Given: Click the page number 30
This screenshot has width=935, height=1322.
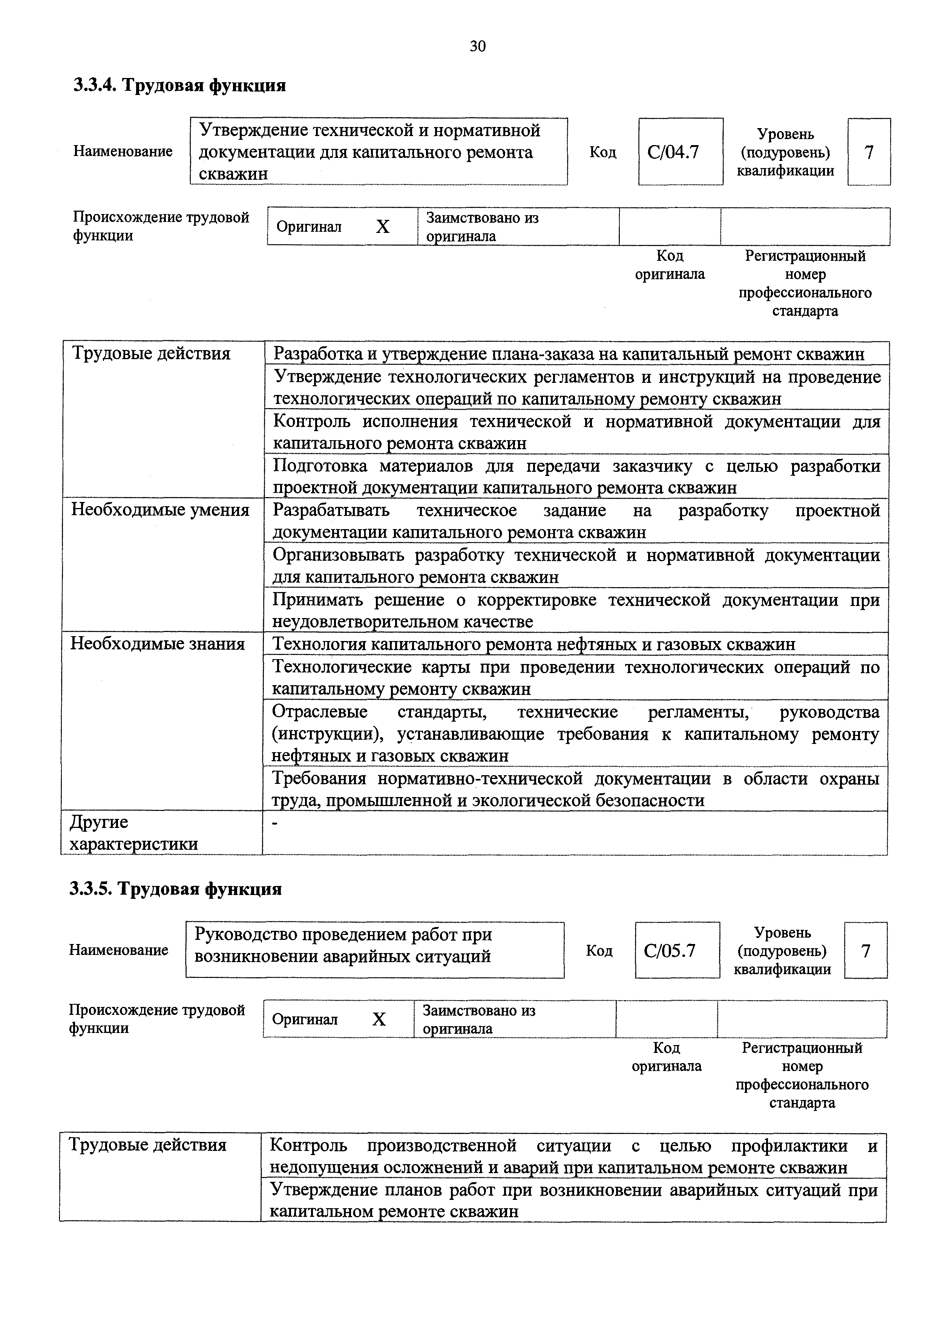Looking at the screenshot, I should [x=478, y=46].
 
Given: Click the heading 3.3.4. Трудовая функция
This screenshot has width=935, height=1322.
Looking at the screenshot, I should [x=179, y=85].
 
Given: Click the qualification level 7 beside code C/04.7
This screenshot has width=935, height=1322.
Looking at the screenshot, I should [x=868, y=152].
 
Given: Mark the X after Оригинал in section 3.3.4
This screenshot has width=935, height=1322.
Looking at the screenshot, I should [x=383, y=227].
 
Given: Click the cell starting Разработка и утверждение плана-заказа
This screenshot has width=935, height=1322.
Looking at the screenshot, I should [x=568, y=353].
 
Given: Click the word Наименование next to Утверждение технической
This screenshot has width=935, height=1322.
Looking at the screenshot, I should [x=123, y=151].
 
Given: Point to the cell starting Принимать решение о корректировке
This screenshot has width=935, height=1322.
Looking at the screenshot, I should [x=576, y=611].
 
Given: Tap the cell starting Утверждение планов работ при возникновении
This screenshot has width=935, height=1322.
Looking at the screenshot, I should [x=573, y=1201].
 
